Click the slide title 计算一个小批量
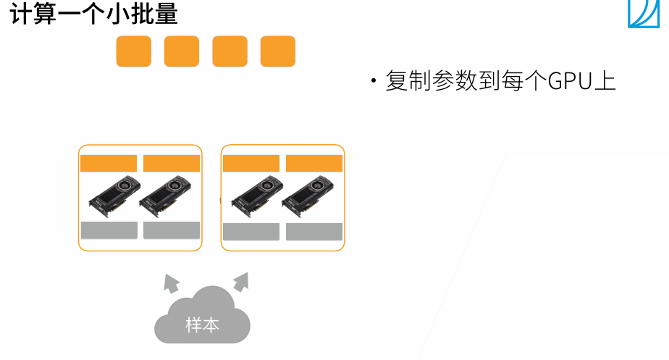click(x=94, y=14)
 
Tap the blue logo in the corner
click(x=647, y=14)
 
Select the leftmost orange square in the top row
click(x=134, y=51)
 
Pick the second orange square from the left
click(x=182, y=51)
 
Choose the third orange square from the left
click(x=230, y=51)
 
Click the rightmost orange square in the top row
click(x=278, y=51)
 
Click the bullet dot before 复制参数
click(x=374, y=81)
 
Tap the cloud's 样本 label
click(x=202, y=325)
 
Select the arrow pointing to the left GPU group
click(x=171, y=282)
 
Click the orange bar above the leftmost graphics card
click(x=109, y=163)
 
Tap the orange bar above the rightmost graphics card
click(x=314, y=163)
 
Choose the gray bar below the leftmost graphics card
click(x=109, y=230)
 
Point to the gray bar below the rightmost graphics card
click(x=314, y=232)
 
